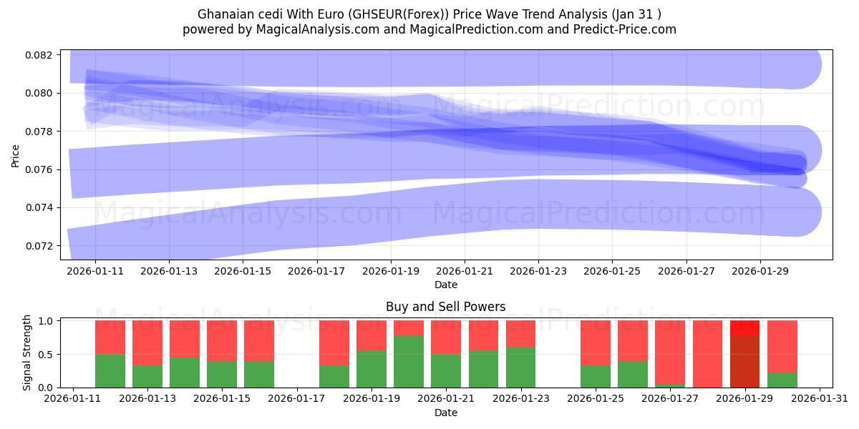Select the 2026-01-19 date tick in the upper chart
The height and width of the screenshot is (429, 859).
pyautogui.click(x=391, y=272)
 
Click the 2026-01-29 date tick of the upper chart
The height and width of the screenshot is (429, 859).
pyautogui.click(x=760, y=272)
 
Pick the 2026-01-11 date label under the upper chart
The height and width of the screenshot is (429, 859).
pyautogui.click(x=95, y=272)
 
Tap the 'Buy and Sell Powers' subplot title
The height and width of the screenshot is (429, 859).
pyautogui.click(x=445, y=307)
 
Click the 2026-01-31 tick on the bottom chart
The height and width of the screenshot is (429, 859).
pyautogui.click(x=820, y=400)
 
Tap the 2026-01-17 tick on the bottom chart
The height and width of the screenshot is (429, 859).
pyautogui.click(x=298, y=400)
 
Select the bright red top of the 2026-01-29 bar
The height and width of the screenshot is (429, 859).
pyautogui.click(x=745, y=327)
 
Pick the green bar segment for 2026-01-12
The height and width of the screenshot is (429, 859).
pyautogui.click(x=110, y=370)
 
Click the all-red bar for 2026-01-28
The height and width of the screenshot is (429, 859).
pyautogui.click(x=708, y=354)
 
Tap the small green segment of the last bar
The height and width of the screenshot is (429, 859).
pyautogui.click(x=782, y=380)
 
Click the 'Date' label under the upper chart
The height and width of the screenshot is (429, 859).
pyautogui.click(x=445, y=285)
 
